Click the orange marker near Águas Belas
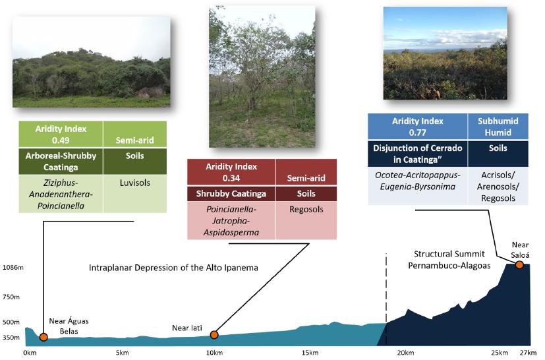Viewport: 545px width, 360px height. tap(43, 337)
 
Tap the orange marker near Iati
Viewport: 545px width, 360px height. tap(214, 334)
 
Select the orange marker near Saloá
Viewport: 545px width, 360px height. tap(519, 264)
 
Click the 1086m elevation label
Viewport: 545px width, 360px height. tap(13, 268)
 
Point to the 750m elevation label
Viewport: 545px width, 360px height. tap(11, 297)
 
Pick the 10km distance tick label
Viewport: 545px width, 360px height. tap(214, 353)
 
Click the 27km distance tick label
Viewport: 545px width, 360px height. tap(529, 353)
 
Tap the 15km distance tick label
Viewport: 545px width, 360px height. tap(310, 353)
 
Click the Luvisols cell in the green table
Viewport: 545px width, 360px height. tap(135, 194)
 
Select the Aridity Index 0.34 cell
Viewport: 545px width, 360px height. tap(231, 172)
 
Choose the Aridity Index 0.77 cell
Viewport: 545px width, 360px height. tap(417, 127)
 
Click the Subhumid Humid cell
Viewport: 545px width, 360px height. tap(498, 127)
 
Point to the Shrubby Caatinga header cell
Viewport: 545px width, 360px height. tap(231, 194)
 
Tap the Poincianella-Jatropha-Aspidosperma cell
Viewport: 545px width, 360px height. tap(231, 221)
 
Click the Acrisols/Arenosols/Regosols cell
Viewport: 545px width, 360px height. tap(498, 187)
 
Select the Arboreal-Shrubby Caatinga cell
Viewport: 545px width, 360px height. tap(61, 162)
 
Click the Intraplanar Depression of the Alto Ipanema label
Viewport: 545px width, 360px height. tap(173, 268)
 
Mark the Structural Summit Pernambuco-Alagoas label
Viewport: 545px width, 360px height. tap(449, 260)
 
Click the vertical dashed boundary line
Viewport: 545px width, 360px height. tap(386, 288)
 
